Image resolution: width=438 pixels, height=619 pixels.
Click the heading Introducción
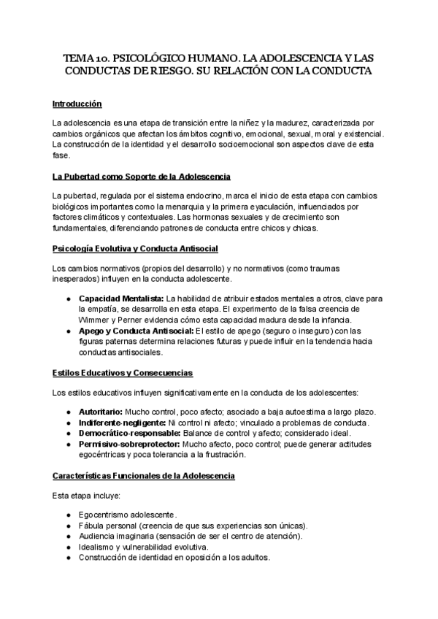pyautogui.click(x=77, y=104)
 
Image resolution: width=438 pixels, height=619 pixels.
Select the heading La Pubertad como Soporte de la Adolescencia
pyautogui.click(x=142, y=177)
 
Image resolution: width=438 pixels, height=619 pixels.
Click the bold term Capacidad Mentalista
pyautogui.click(x=121, y=299)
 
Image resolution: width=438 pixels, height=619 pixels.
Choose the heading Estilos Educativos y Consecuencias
pyautogui.click(x=123, y=373)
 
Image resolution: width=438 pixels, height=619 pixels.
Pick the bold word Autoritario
pyautogui.click(x=101, y=412)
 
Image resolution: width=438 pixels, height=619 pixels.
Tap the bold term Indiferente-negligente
pyautogui.click(x=122, y=423)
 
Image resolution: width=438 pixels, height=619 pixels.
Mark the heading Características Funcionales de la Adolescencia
pyautogui.click(x=143, y=476)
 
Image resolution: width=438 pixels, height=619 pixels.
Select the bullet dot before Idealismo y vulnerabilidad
pyautogui.click(x=68, y=547)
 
